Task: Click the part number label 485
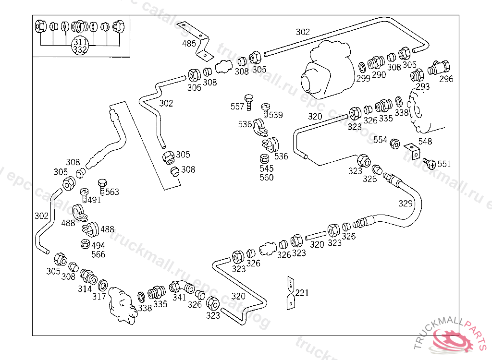point(189,44)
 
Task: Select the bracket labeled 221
point(291,293)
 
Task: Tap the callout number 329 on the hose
point(406,204)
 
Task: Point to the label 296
point(446,79)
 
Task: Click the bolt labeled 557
point(249,102)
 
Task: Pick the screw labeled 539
point(266,110)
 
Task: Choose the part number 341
point(179,297)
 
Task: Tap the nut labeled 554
point(395,144)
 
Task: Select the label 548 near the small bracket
point(425,142)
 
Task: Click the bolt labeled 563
point(102,187)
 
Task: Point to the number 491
point(94,200)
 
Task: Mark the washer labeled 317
point(103,286)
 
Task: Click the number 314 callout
point(85,289)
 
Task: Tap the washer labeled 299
point(362,67)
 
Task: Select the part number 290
point(379,75)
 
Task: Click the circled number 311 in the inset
point(80,42)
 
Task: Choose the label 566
point(98,254)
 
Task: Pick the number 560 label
point(266,178)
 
